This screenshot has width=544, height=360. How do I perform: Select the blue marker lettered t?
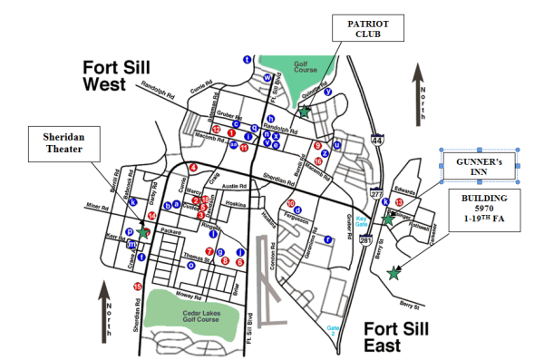pos(248,59)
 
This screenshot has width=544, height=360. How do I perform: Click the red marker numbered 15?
pos(138,287)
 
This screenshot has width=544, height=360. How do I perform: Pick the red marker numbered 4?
pos(193,168)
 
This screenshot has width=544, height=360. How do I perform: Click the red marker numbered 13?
pos(399,201)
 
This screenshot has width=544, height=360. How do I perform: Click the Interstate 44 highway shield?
pos(376,141)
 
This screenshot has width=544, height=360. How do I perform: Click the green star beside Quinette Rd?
pos(306,112)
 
